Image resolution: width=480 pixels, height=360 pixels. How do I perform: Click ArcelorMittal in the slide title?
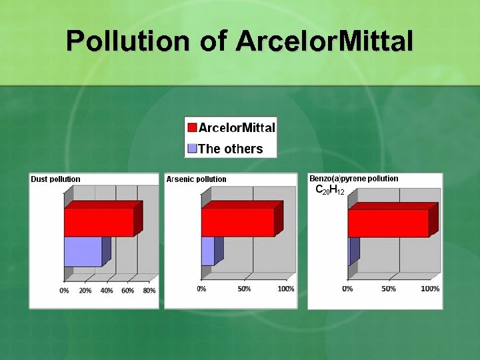324,41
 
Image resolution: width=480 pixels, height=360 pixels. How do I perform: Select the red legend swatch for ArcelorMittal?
192,128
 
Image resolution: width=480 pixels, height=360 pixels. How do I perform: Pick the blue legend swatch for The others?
192,149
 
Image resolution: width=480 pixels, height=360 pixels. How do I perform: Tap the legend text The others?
231,149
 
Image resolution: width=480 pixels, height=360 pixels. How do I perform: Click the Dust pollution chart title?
55,179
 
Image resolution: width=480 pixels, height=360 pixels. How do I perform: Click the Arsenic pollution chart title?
196,179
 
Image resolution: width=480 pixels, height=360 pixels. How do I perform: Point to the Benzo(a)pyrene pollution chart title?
353,178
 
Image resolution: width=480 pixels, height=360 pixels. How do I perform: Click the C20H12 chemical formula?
329,191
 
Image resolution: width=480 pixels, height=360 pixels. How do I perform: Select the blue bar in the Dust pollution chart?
83,251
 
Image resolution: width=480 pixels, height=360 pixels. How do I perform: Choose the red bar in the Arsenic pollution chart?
237,222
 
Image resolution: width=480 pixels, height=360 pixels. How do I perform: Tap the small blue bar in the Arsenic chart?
207,251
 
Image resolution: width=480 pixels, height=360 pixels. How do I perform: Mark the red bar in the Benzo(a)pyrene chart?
388,223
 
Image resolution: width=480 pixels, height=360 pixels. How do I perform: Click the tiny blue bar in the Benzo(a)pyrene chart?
353,251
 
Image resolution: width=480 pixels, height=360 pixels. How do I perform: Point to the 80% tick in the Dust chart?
149,291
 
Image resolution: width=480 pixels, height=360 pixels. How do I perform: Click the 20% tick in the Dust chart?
85,291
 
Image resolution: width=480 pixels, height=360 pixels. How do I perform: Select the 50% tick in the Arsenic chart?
244,289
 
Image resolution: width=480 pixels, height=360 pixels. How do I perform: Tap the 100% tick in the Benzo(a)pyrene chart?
430,289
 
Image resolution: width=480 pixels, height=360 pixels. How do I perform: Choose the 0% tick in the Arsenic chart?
201,289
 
